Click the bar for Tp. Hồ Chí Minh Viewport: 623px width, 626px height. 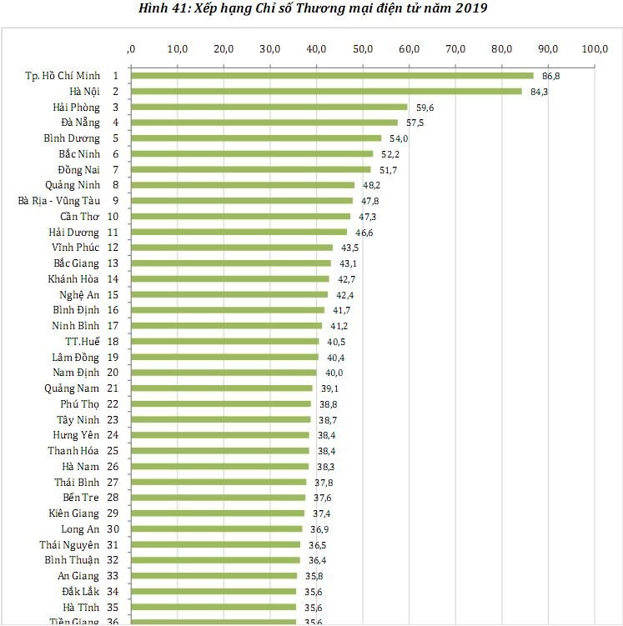[x=332, y=76]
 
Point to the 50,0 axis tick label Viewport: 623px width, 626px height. [x=363, y=48]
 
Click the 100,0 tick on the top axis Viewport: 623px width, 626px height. [x=595, y=48]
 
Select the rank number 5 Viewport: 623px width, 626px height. [x=138, y=138]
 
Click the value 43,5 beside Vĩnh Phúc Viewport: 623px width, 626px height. [x=349, y=248]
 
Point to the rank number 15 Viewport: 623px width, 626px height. [x=136, y=295]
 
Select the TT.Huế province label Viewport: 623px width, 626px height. [x=83, y=342]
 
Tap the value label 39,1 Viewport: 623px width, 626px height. [x=329, y=388]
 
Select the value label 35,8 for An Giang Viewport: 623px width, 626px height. [x=314, y=576]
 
